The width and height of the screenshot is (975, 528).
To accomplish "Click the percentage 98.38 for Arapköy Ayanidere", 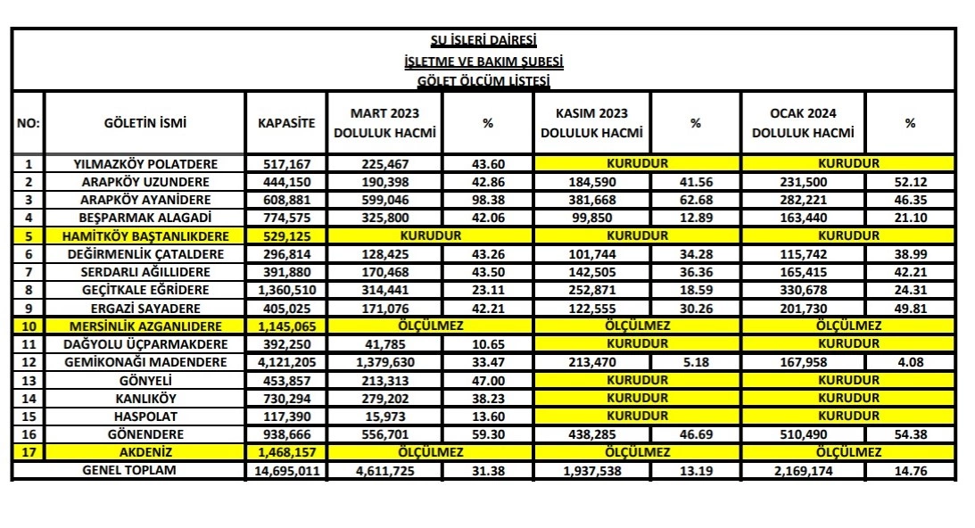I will click(487, 200).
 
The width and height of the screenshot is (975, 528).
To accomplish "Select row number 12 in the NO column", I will click(28, 363).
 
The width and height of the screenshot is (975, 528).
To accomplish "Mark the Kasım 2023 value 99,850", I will click(591, 218).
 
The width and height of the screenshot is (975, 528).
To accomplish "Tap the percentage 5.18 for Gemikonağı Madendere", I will click(696, 363).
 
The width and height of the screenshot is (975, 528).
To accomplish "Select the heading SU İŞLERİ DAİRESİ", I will click(483, 41).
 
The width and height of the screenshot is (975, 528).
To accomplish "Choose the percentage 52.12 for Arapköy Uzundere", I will click(910, 182).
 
